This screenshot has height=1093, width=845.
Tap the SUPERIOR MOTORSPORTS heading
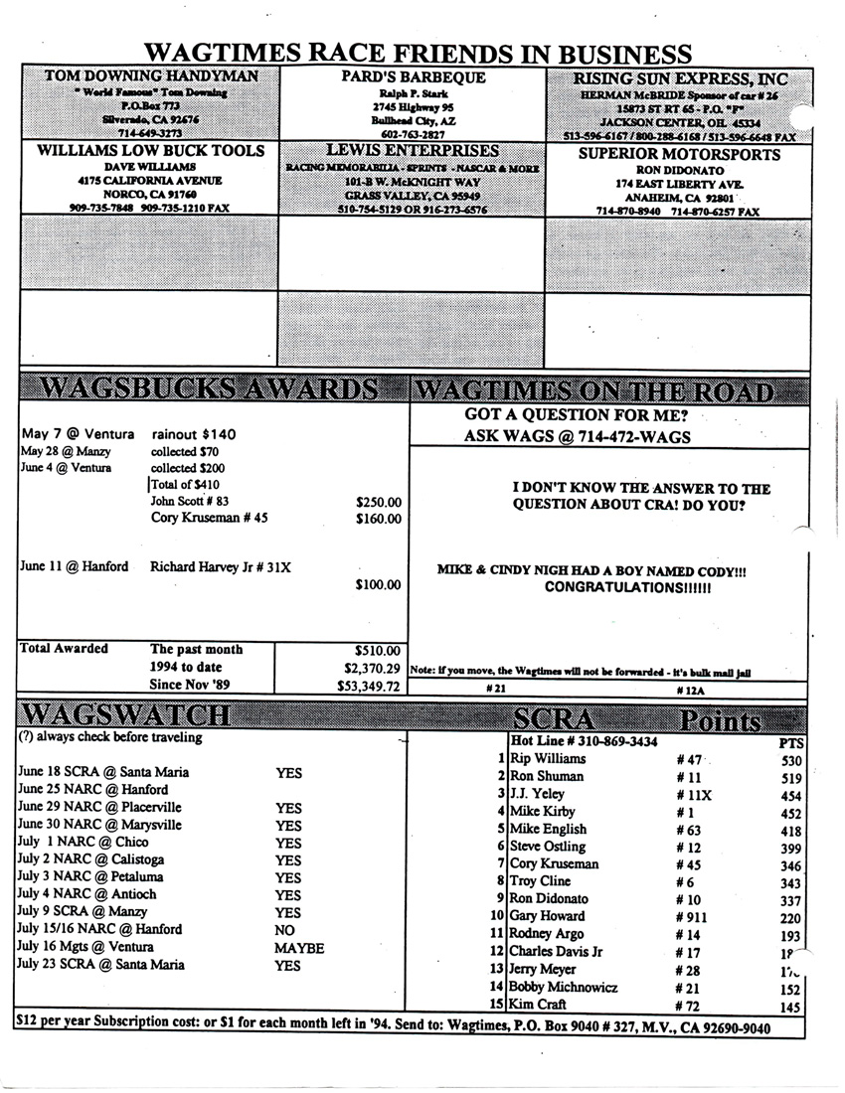[679, 154]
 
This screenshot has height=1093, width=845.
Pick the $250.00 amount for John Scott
[378, 502]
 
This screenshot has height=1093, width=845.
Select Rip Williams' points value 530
[791, 759]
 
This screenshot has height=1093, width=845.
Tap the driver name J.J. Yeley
[537, 794]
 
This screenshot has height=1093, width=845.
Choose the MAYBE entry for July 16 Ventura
[299, 948]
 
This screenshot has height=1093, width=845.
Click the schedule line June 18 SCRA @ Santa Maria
[103, 772]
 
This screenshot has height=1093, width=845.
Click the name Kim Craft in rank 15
[540, 1006]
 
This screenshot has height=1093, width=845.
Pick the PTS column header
[791, 741]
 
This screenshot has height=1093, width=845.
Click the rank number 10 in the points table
[498, 916]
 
